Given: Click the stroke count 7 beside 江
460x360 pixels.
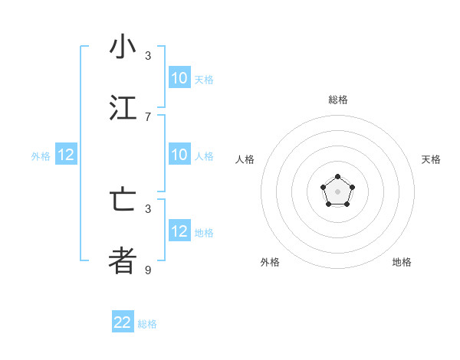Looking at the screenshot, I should click(148, 116).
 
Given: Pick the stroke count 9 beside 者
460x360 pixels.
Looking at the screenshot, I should click(148, 270).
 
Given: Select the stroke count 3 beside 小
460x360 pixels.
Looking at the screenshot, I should click(148, 56).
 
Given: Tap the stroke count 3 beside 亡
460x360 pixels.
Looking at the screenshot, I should click(148, 208).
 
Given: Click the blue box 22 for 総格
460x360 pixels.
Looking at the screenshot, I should click(123, 322).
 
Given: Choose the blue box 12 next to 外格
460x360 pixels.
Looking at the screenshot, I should click(66, 155).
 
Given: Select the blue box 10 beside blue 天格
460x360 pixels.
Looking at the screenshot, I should click(179, 78).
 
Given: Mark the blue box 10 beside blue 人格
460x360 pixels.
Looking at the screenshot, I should click(179, 155).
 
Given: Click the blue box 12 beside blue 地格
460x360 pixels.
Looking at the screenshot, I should click(179, 231).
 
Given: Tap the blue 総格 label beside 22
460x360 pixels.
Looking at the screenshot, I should click(147, 324).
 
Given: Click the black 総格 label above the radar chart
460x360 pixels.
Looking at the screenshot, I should click(338, 100).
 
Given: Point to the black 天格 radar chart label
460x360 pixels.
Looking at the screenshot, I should click(431, 159).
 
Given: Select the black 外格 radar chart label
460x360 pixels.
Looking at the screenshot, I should click(270, 262).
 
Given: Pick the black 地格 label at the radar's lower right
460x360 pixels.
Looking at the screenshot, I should click(402, 262).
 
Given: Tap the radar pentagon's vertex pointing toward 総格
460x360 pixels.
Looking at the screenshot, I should click(337, 178).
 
